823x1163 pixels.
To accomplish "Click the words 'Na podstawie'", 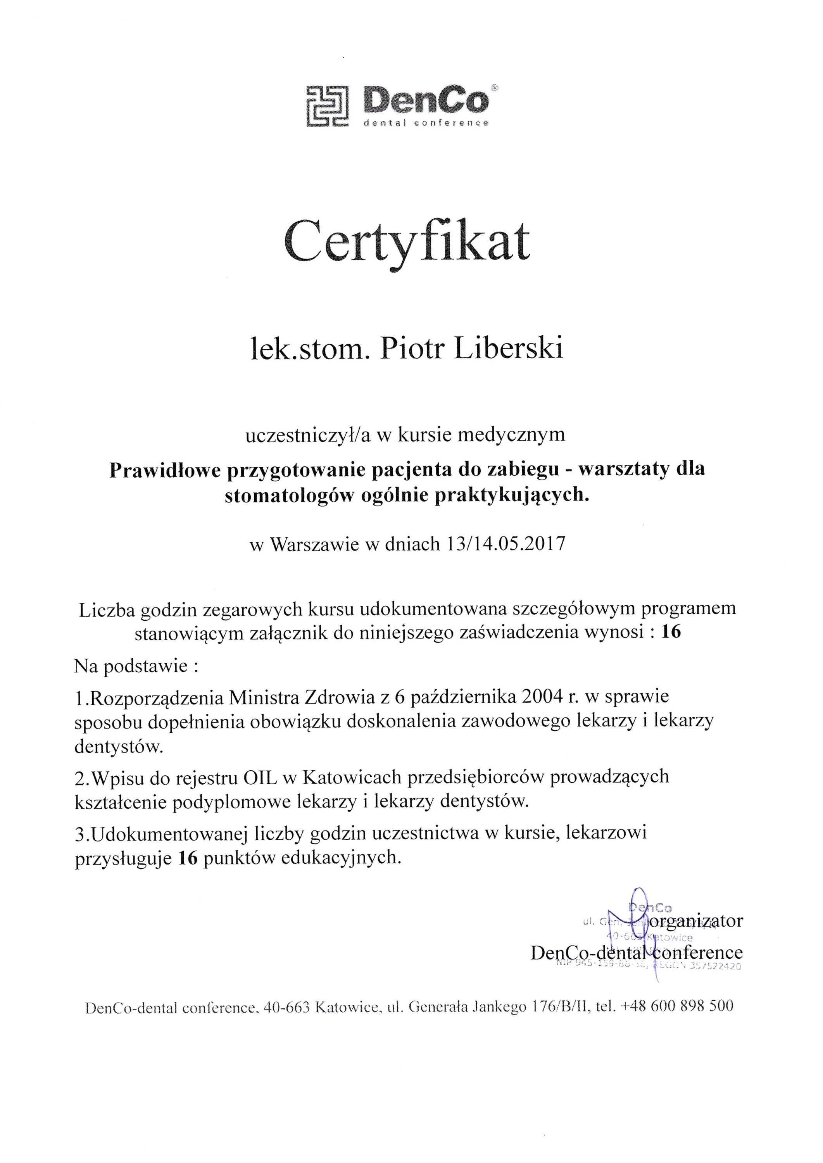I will (x=131, y=665).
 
